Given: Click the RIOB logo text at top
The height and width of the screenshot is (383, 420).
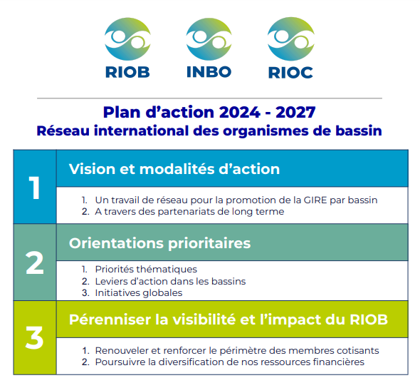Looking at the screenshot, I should [127, 72].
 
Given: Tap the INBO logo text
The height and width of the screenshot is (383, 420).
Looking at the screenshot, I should [209, 72].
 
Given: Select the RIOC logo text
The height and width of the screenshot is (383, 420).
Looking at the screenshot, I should [290, 72].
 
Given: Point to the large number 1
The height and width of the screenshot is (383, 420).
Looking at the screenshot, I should [34, 188].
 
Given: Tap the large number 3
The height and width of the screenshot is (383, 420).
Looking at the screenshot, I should [34, 338].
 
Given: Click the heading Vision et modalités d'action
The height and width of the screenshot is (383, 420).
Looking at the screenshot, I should [174, 169].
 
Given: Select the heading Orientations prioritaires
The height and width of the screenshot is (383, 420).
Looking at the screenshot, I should [159, 243].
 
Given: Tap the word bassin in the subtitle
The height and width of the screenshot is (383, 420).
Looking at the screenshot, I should [359, 131].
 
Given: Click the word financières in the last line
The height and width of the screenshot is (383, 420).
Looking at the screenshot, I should [337, 362].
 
